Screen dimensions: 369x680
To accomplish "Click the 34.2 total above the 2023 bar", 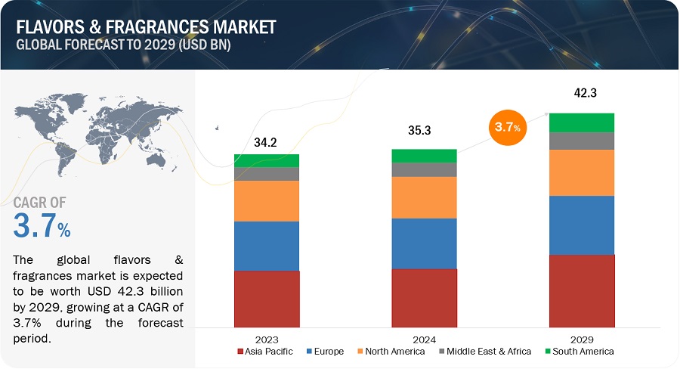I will click(266, 141).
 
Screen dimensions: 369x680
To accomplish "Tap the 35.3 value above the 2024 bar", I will click(424, 131).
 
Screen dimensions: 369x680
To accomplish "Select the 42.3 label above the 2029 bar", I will click(582, 95).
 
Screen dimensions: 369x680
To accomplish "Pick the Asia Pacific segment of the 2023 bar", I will click(267, 297).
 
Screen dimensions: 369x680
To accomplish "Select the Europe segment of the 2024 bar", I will click(424, 243).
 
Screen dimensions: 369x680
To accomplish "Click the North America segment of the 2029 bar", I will click(582, 172).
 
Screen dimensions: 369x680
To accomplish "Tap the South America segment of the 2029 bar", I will click(582, 122).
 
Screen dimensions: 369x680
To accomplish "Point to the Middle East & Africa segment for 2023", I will click(267, 174).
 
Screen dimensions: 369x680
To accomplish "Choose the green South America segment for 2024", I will click(424, 156).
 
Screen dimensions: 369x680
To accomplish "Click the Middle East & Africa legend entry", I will click(484, 352).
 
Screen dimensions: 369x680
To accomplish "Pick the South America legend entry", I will click(577, 352).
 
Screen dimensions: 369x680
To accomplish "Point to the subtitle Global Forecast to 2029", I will click(124, 45).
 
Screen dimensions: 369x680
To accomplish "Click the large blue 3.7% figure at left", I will click(42, 227).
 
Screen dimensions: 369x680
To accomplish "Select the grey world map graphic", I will click(94, 136).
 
